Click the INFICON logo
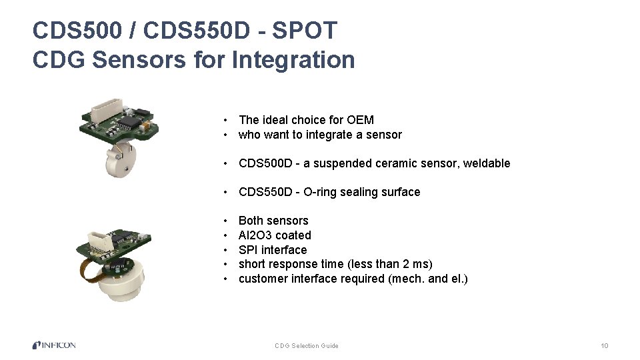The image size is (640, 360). click(x=54, y=345)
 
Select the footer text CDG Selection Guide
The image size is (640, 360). click(x=307, y=346)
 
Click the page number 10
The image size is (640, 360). click(x=604, y=346)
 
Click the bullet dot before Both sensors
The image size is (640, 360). click(x=227, y=221)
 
